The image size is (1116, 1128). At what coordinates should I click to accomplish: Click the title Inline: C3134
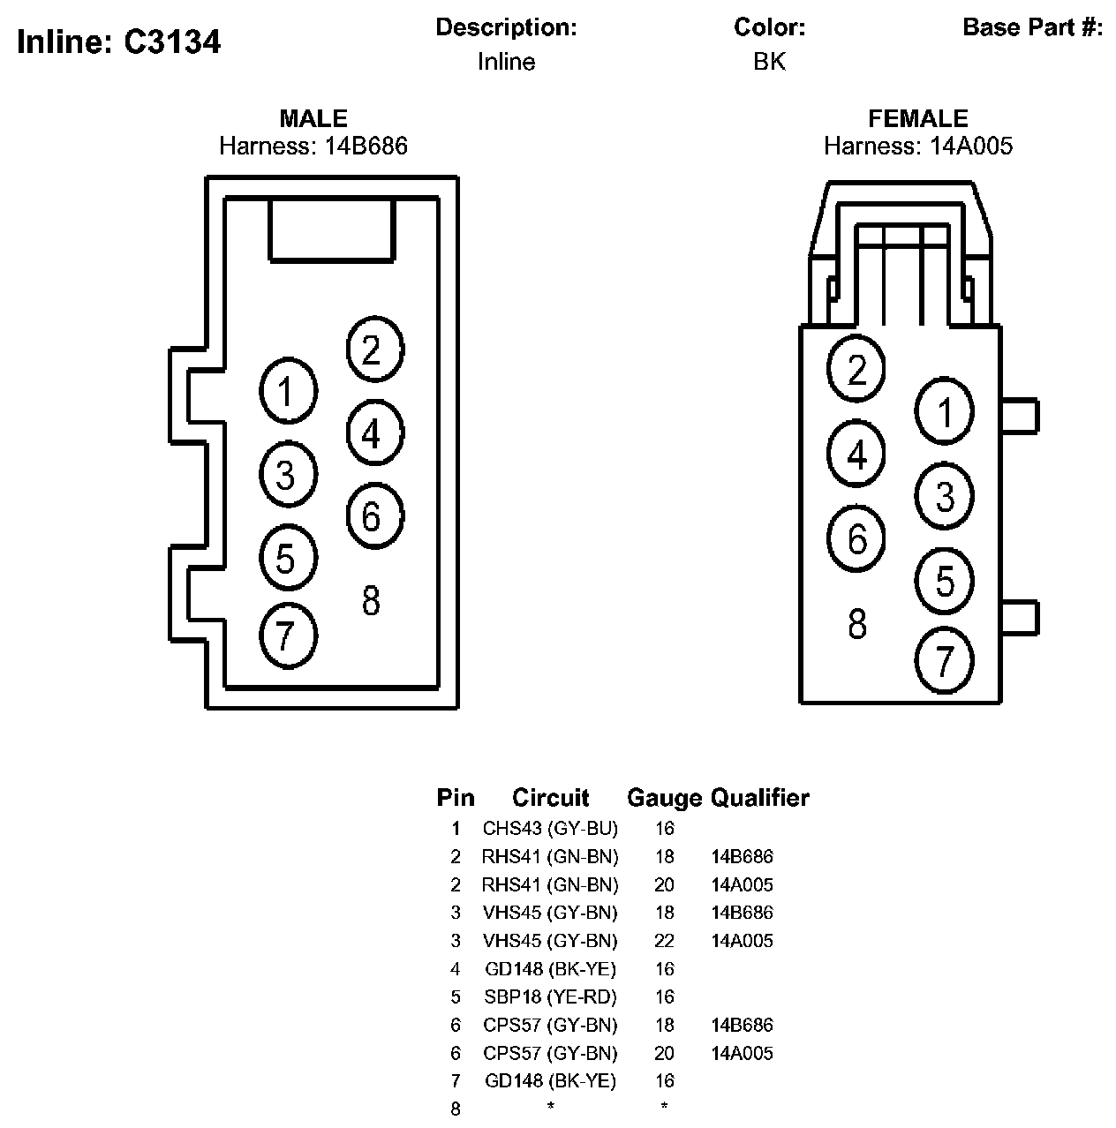pos(118,41)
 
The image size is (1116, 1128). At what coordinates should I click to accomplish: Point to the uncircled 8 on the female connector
pos(856,624)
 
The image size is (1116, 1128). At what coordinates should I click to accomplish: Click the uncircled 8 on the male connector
pos(371,601)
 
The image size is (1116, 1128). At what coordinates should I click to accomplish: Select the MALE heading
pos(313,118)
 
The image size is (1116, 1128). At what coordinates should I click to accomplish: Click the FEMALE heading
pos(918,118)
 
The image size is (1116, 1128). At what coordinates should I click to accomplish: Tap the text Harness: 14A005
pos(918,146)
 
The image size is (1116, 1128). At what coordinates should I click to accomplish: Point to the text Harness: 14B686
pos(313,146)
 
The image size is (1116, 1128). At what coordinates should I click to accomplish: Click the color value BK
pos(769,62)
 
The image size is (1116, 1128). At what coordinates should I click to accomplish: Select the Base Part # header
pos(1032,27)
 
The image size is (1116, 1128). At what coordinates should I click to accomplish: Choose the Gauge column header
pos(664,798)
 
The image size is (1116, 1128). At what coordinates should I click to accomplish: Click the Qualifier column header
pos(760,798)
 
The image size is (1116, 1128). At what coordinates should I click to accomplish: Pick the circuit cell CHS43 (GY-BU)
pos(550,829)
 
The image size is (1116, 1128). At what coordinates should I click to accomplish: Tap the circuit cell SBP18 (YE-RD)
pos(550,997)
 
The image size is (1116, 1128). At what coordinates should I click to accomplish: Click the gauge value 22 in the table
pos(664,941)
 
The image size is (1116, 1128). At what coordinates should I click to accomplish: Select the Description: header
pos(506,27)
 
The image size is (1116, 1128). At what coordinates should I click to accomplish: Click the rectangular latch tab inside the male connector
pos(331,229)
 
